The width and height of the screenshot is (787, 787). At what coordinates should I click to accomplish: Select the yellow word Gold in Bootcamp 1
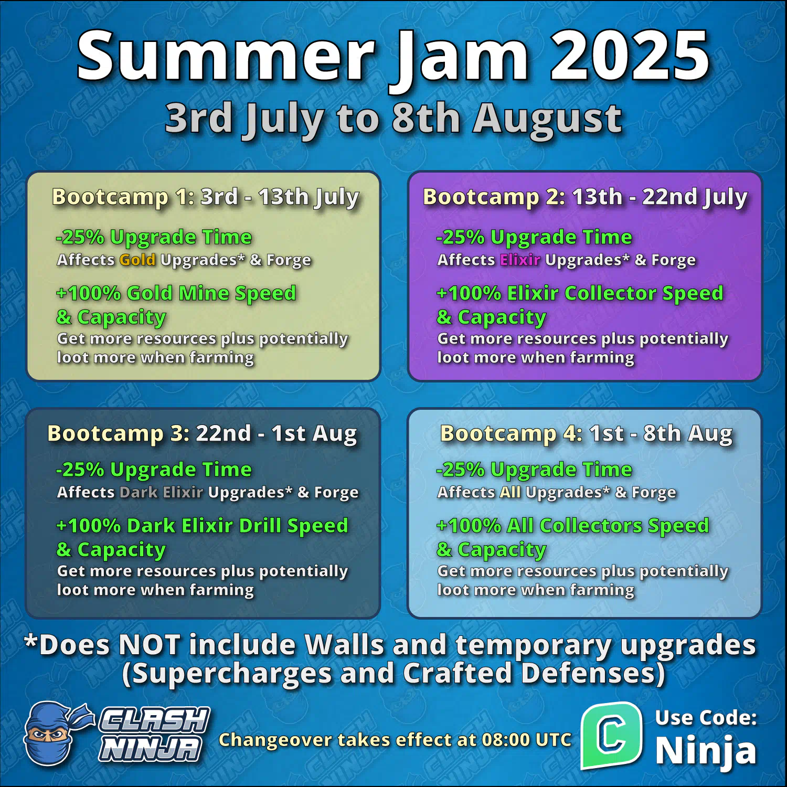[x=137, y=260]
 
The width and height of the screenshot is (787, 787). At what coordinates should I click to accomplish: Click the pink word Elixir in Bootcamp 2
[x=520, y=260]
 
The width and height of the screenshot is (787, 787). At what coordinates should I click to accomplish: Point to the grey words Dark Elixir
[x=162, y=492]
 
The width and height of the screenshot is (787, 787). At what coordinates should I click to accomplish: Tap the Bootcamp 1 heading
[x=205, y=198]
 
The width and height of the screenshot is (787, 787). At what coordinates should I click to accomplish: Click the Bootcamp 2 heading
[x=585, y=198]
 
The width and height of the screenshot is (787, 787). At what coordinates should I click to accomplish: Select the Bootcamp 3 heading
[x=202, y=434]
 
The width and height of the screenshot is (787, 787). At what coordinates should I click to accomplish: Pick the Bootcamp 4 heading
[x=587, y=434]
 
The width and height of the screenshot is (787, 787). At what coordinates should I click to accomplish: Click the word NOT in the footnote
[x=150, y=645]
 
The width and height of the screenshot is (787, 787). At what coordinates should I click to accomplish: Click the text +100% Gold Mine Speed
[x=176, y=293]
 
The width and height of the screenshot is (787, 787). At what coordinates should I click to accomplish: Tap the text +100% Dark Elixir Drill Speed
[x=203, y=526]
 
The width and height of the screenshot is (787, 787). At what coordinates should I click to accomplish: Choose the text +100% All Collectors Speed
[x=573, y=526]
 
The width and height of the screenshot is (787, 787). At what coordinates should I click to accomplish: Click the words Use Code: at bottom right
[x=706, y=718]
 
